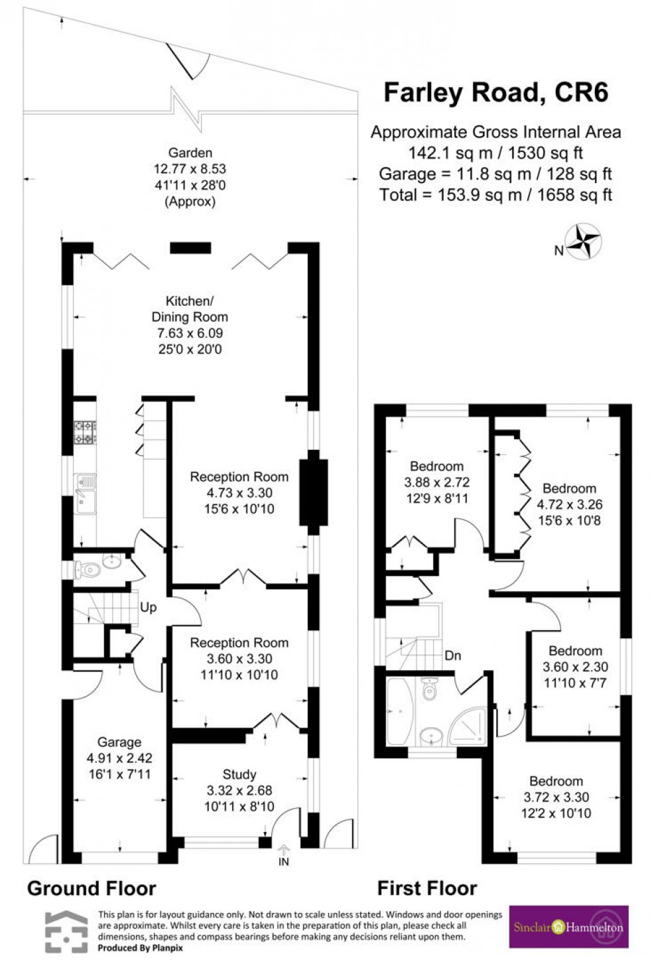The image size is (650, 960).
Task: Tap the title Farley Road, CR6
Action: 496,92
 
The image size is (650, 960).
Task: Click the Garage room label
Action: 119,742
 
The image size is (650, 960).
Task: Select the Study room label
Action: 239,774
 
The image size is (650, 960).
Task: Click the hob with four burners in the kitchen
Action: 85,432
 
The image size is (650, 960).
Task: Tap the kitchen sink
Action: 85,493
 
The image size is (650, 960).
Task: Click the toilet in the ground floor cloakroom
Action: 88,569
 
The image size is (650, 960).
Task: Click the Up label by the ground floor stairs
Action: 148,607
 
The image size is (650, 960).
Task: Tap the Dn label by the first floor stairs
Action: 452,655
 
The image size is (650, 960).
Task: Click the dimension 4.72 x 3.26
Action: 569,504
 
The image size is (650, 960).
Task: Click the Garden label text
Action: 190,153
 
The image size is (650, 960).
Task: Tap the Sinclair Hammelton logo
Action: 568,927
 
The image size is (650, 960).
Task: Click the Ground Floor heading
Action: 92,888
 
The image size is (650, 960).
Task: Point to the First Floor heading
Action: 427,888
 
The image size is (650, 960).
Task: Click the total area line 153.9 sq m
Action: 495,194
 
